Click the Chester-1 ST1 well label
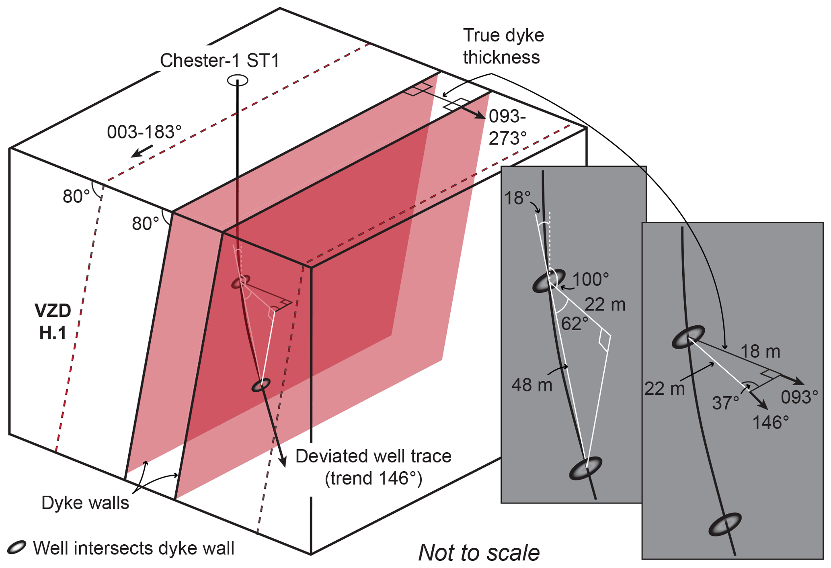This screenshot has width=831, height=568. (220, 61)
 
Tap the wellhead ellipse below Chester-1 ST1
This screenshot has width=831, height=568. (238, 80)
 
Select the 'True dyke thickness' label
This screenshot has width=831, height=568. (503, 46)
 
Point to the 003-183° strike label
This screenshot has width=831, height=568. (144, 132)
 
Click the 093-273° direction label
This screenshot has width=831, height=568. (507, 127)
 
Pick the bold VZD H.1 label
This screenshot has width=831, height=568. (53, 322)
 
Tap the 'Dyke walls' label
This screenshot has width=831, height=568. (85, 503)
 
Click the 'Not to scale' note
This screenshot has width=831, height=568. (479, 552)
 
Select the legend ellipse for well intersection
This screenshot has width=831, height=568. (16, 548)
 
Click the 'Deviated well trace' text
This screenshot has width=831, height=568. (373, 456)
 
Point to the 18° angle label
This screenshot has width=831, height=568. (517, 198)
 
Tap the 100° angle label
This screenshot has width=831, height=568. (590, 279)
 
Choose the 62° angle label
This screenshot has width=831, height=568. (575, 323)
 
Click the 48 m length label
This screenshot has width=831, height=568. (531, 385)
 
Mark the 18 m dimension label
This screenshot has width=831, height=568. (760, 351)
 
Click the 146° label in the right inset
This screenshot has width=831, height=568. (770, 423)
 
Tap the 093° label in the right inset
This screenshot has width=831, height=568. (800, 397)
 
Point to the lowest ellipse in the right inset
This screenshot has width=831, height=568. (725, 524)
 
